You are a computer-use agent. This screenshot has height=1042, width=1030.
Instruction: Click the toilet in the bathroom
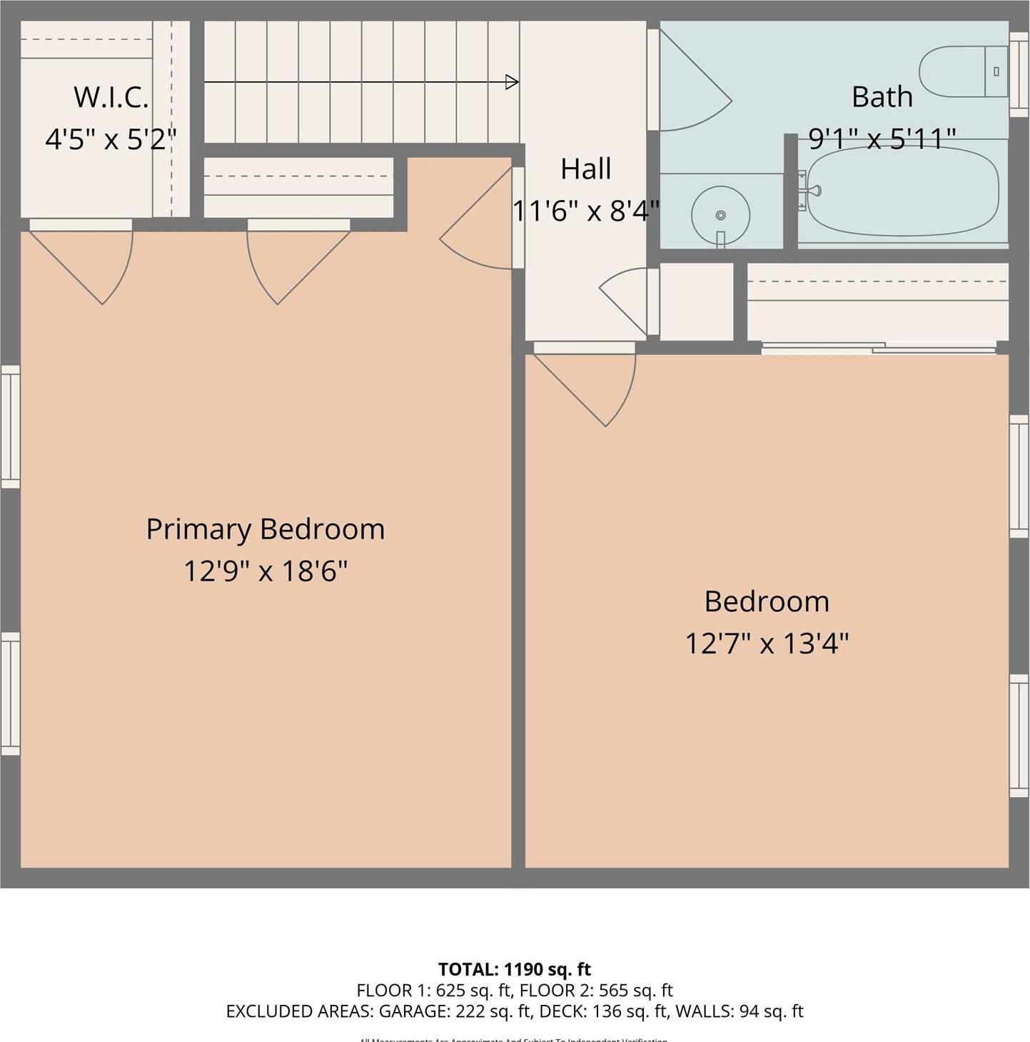coord(964,71)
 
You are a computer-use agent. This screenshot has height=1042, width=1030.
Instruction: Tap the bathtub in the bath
coord(903,191)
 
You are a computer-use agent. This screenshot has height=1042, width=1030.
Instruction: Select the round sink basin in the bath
coord(720,215)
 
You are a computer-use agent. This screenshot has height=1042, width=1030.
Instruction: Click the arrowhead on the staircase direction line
coord(512,82)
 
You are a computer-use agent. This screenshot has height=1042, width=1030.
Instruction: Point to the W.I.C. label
coord(111,97)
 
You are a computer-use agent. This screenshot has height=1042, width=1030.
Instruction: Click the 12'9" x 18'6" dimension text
coord(266,571)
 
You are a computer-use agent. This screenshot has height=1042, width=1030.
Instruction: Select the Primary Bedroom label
coord(266,529)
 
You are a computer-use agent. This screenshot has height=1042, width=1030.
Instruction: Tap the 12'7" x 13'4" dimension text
coord(767,643)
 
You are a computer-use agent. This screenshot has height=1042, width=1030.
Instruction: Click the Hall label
coord(586,169)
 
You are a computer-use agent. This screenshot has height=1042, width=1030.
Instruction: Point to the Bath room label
coord(882,96)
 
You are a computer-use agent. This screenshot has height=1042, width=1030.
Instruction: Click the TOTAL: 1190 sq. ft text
coord(515,969)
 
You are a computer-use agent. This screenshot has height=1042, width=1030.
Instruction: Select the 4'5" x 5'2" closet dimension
coord(111,139)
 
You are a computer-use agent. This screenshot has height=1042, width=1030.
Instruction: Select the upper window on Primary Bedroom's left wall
coord(10,426)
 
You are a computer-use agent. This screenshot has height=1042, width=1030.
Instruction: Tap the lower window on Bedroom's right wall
coord(1019,736)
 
